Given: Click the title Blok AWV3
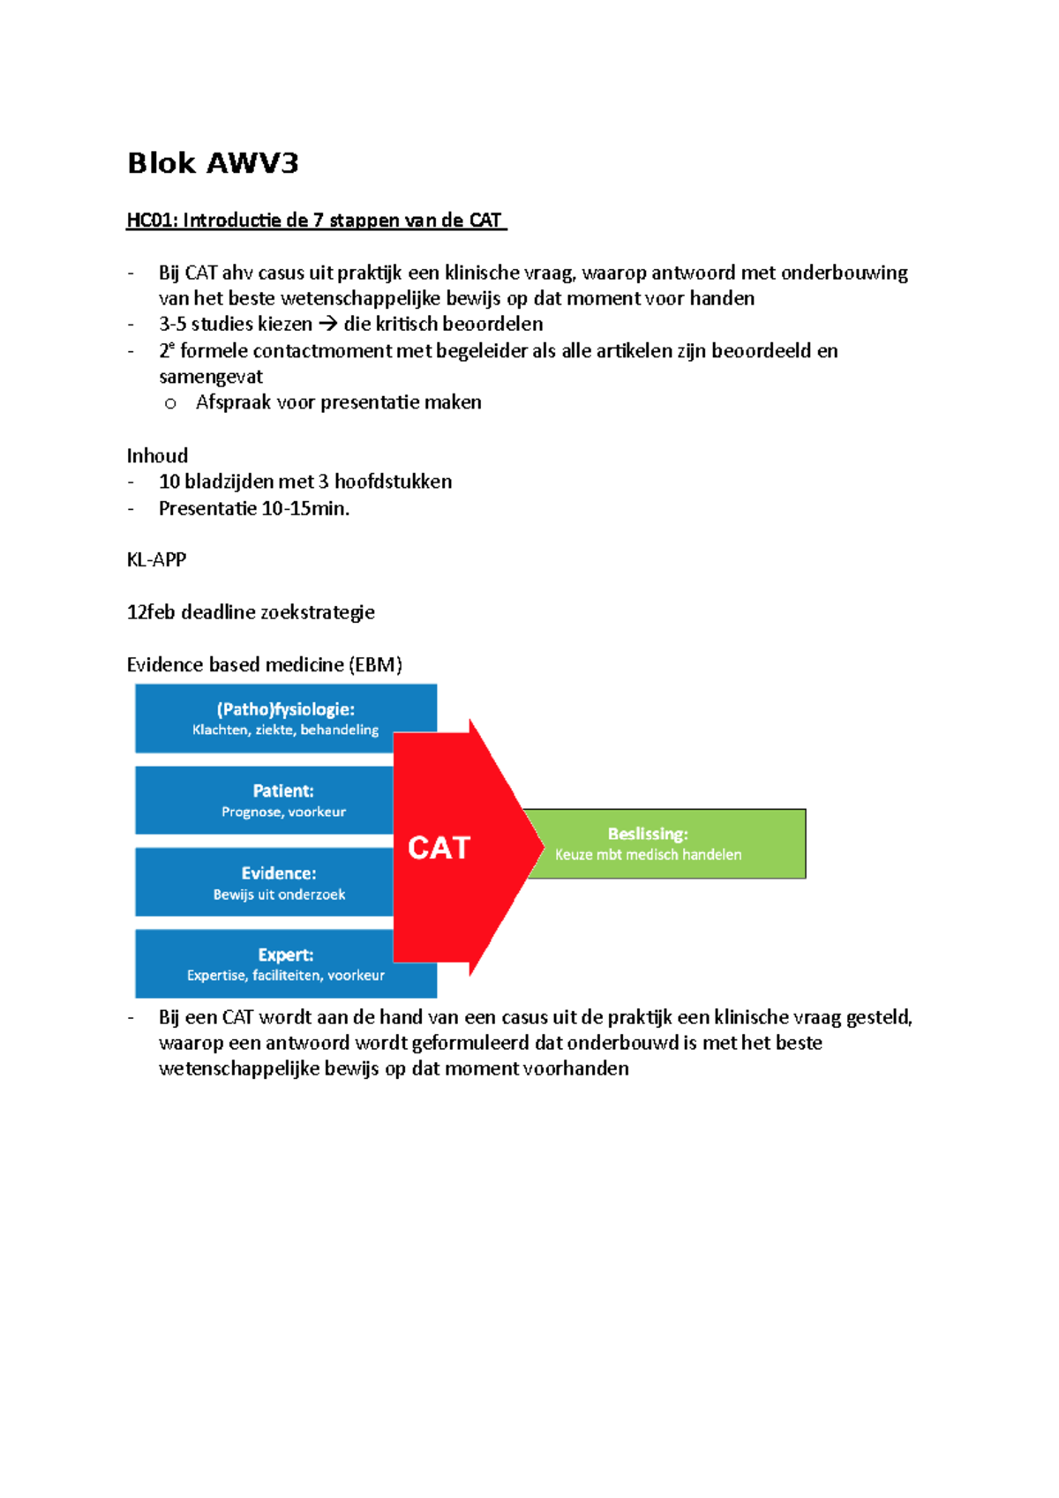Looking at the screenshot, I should (x=213, y=163).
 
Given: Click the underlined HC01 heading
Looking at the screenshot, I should (x=315, y=221).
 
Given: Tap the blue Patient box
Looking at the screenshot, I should (x=265, y=800).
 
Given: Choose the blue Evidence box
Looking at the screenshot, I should (x=265, y=882).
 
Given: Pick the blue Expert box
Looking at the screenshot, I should (x=265, y=964).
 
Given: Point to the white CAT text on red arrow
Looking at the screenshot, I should (x=439, y=848).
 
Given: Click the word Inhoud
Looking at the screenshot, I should (x=157, y=456).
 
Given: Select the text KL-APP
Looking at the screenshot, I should (x=156, y=560).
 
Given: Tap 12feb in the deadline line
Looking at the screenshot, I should (x=151, y=612).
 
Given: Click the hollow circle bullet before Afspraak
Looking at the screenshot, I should (x=170, y=404).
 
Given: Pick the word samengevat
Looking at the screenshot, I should (x=211, y=377).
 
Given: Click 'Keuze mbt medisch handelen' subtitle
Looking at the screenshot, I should (x=648, y=855).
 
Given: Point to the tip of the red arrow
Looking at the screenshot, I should (x=543, y=847).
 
